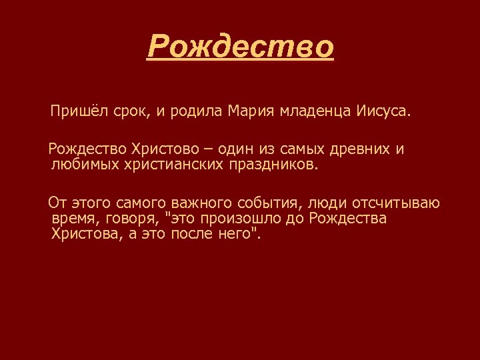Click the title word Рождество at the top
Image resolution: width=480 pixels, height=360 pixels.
pyautogui.click(x=240, y=47)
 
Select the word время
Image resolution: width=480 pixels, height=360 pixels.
pyautogui.click(x=73, y=219)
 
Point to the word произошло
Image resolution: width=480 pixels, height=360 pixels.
pyautogui.click(x=243, y=219)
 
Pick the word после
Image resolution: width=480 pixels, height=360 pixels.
pyautogui.click(x=192, y=234)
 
